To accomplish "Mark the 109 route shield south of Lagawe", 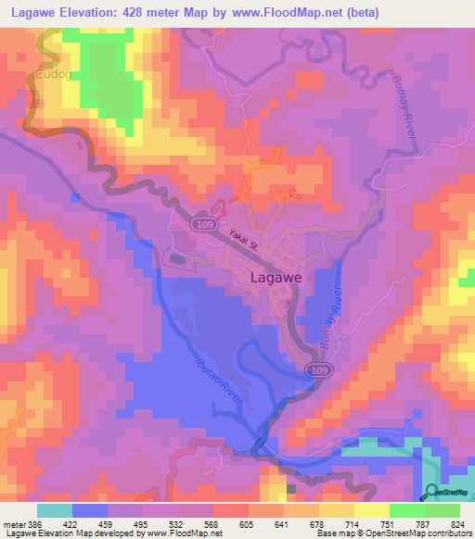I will coord(316,370).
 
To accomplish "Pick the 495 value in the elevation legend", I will coord(141,523).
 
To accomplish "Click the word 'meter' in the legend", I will coord(13,523).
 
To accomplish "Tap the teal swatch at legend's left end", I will coord(55,510).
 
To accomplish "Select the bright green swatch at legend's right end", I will coord(443,510).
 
